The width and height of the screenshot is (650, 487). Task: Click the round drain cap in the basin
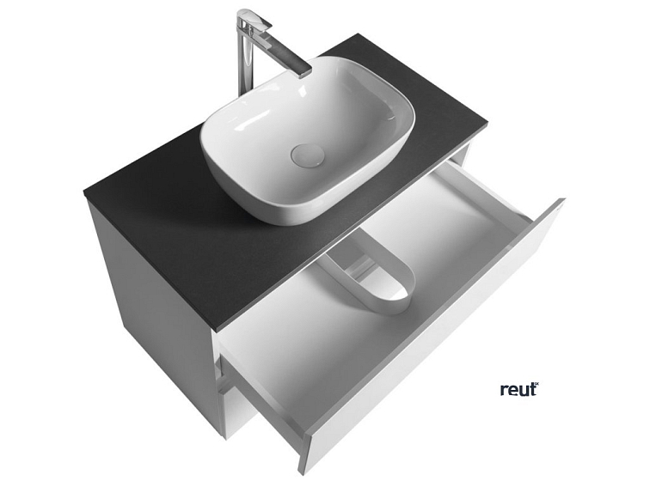point(309,155)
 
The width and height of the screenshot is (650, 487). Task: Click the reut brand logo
point(518,389)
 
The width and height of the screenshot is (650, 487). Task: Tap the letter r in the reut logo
point(503,391)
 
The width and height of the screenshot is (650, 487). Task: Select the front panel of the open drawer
point(430,344)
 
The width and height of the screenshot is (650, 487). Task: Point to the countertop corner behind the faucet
point(355,35)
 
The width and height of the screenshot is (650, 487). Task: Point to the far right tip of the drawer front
point(563,201)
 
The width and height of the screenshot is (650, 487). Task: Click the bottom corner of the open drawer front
point(303,472)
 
